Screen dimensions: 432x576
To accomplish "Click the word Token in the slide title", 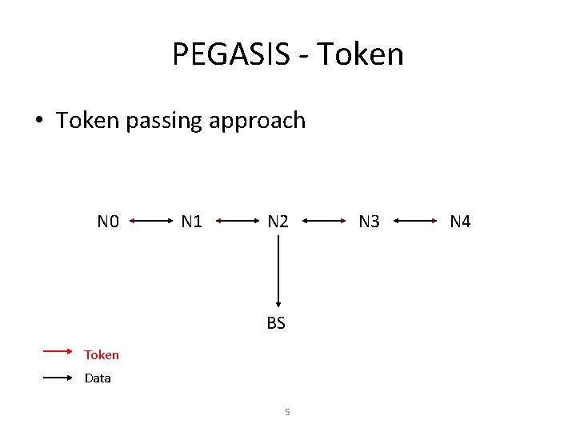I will pyautogui.click(x=360, y=54).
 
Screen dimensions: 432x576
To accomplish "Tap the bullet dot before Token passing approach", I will pyautogui.click(x=38, y=122).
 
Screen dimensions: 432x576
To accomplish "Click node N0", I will pyautogui.click(x=108, y=221).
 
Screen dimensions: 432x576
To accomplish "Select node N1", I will pyautogui.click(x=191, y=221).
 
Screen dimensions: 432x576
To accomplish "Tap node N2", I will pyautogui.click(x=278, y=221).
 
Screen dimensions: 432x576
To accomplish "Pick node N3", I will pyautogui.click(x=369, y=221).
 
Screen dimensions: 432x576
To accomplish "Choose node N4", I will pyautogui.click(x=460, y=221).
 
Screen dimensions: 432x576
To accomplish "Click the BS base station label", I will pyautogui.click(x=276, y=323).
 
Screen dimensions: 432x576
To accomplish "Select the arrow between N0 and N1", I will pyautogui.click(x=150, y=220).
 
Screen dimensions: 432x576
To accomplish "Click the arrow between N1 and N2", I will pyautogui.click(x=234, y=220).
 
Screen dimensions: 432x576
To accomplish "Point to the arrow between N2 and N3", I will pyautogui.click(x=323, y=220).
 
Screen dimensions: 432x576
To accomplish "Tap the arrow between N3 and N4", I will pyautogui.click(x=414, y=220).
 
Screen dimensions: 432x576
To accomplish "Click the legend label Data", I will pyautogui.click(x=98, y=378).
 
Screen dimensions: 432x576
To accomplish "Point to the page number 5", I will pyautogui.click(x=287, y=413).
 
